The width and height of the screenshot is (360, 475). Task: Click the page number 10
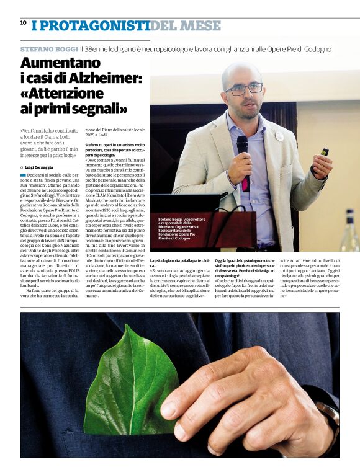23,22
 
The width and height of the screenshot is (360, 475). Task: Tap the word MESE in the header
199,25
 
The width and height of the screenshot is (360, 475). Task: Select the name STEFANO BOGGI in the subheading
48,49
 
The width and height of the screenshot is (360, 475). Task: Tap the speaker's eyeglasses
243,89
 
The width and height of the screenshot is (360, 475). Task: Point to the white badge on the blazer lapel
279,136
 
